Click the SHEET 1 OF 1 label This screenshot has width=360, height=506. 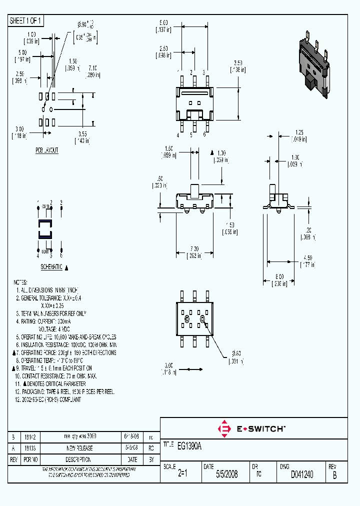(x=26, y=20)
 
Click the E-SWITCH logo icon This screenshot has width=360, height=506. (x=224, y=428)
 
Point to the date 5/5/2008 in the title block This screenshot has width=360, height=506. (x=226, y=474)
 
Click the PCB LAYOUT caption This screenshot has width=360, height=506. (x=46, y=150)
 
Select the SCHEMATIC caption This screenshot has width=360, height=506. (x=51, y=267)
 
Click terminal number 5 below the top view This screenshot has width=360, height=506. (x=191, y=134)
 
